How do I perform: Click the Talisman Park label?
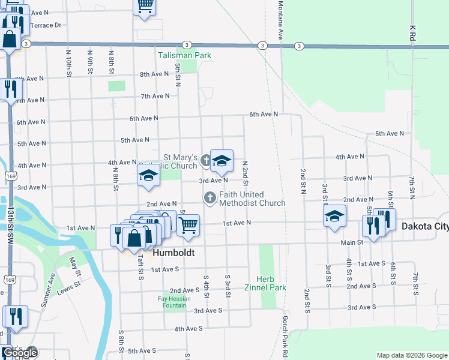[x=184, y=56]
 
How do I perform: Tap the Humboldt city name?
[x=173, y=253]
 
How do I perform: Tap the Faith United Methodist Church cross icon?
[x=210, y=197]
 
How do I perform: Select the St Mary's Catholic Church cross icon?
[x=206, y=160]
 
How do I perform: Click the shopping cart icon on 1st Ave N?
[x=188, y=225]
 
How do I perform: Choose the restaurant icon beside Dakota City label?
[x=373, y=226]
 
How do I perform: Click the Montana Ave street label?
[x=280, y=20]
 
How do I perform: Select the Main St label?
[x=352, y=242]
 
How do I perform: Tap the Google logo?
[x=19, y=353]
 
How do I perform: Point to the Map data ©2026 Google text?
[x=411, y=355]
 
